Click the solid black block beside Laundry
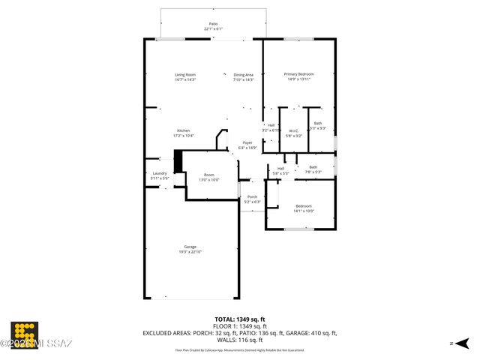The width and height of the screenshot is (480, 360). pos(178,162)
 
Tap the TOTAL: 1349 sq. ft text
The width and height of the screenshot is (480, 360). pos(240,319)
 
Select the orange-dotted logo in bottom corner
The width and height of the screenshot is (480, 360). pos(25,334)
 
